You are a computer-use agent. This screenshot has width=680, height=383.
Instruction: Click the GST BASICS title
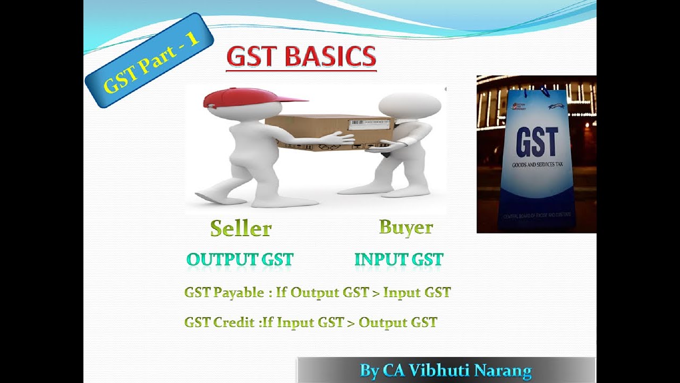coord(301,57)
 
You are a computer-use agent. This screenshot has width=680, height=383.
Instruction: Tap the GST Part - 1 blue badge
coord(149,61)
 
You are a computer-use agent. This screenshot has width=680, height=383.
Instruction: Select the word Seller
coord(241,228)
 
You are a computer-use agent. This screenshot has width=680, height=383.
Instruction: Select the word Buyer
coord(406,227)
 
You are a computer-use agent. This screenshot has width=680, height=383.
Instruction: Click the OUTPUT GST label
coord(240,260)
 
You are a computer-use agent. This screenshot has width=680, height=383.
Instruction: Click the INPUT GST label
coord(398,260)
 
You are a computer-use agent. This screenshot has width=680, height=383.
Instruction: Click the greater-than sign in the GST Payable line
coord(376,293)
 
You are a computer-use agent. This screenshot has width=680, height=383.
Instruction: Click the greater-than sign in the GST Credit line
coord(351,322)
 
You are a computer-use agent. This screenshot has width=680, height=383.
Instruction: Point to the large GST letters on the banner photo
coord(537,142)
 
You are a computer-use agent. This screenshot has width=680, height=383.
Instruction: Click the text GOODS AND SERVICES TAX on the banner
coord(537,165)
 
